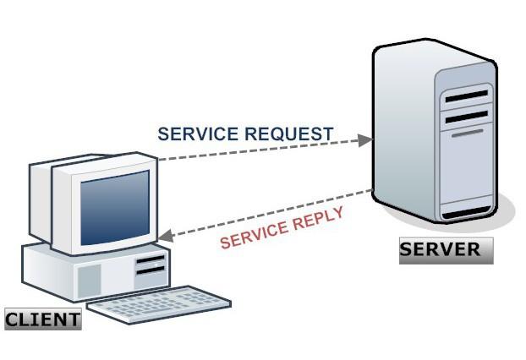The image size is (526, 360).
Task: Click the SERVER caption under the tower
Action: click(445, 250)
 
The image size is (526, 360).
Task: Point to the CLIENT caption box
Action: click(42, 319)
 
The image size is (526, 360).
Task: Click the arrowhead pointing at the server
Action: click(364, 139)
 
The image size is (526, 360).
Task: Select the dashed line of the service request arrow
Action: click(262, 149)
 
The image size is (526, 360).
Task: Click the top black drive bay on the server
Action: click(466, 96)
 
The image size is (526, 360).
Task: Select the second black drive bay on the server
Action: click(466, 115)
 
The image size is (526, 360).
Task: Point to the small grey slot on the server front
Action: click(466, 133)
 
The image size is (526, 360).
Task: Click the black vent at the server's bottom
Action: click(466, 211)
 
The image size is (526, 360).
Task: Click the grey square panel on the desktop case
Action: click(89, 279)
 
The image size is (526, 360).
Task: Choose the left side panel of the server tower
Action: click(403, 135)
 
